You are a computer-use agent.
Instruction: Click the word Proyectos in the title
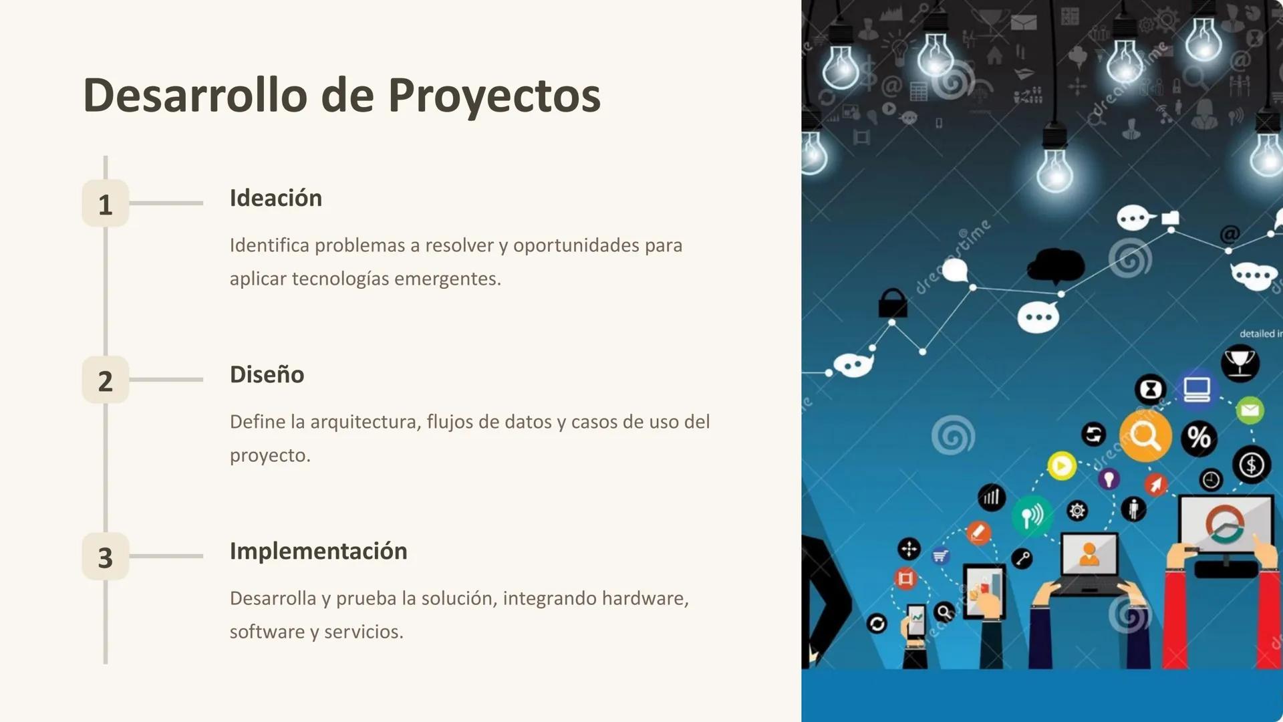494,95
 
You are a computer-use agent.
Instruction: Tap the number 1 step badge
106,203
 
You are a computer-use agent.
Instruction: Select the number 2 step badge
106,380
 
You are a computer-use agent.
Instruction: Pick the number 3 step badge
106,556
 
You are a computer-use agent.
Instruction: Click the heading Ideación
275,198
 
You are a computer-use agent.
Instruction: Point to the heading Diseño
267,374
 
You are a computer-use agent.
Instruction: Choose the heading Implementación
318,551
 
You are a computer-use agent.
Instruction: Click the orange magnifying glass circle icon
1145,437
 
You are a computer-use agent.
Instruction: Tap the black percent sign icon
1199,438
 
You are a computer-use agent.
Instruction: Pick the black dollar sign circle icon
1252,465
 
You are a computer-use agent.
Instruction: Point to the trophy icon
1240,363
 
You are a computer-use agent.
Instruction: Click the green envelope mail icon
1250,410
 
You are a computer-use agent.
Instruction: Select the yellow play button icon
1062,465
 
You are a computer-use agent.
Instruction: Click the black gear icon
1077,511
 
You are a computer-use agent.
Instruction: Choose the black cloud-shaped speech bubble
1055,265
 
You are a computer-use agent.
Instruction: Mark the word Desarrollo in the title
195,95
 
